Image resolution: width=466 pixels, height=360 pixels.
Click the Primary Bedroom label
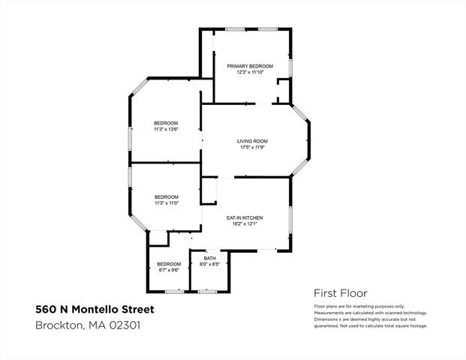click(250, 66)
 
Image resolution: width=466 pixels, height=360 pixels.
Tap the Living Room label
click(252, 141)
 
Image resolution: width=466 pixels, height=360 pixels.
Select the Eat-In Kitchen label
click(245, 217)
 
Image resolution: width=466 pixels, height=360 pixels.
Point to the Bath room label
click(209, 258)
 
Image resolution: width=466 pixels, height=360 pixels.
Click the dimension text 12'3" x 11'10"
click(250, 73)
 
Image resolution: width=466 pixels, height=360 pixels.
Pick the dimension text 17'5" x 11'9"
click(252, 148)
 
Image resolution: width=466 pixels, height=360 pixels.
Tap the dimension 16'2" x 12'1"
click(245, 224)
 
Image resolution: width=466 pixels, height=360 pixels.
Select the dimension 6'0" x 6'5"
click(209, 264)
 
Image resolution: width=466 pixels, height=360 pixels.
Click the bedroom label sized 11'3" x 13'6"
click(166, 123)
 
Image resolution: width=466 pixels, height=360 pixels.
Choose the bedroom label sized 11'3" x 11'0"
click(166, 196)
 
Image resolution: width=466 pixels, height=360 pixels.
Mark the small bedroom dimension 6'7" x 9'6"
click(168, 270)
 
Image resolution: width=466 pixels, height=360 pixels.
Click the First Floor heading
click(340, 293)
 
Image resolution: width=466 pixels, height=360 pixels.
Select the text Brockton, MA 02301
click(88, 325)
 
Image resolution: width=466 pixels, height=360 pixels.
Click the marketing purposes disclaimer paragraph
click(370, 316)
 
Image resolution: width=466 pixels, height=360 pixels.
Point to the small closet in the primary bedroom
click(283, 93)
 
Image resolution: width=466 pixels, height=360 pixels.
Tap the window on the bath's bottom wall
click(208, 290)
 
